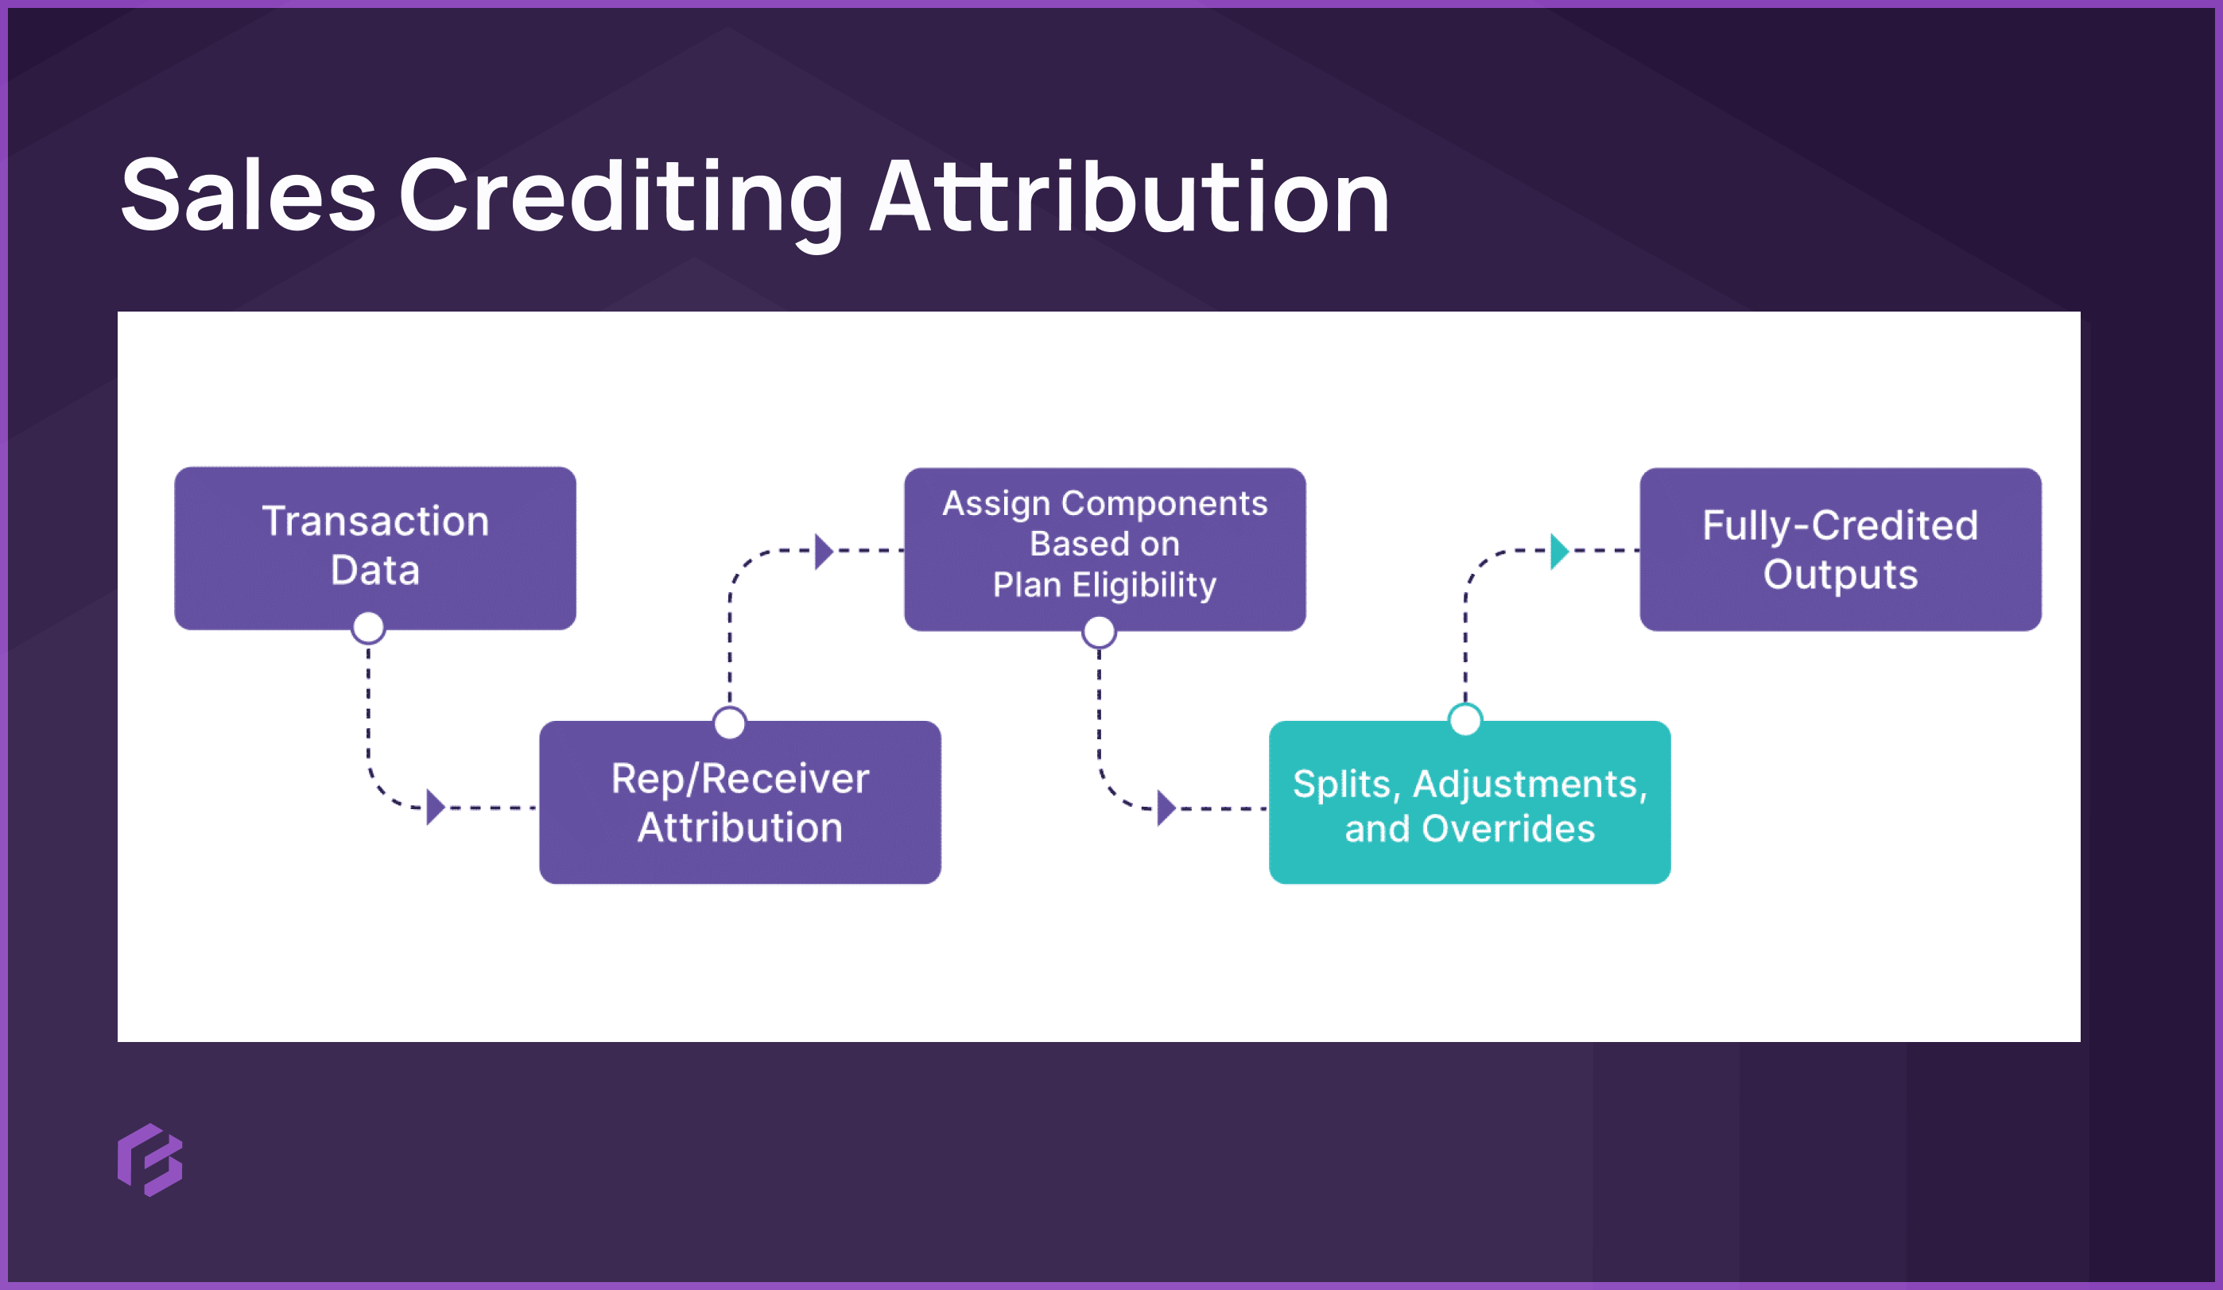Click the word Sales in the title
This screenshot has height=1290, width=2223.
coord(248,196)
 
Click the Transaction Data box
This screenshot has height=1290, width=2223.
coord(375,547)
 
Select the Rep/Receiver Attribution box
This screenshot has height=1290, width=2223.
coord(739,803)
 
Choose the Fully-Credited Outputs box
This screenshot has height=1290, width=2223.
coord(1839,548)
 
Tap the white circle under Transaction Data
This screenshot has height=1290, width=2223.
coord(368,628)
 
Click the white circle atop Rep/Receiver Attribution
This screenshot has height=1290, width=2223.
coord(730,723)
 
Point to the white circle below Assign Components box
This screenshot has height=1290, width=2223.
coord(1098,631)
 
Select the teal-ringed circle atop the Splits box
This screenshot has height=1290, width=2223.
coord(1465,719)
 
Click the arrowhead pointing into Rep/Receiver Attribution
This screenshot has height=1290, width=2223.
coord(435,807)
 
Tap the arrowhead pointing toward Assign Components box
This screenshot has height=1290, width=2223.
coord(823,551)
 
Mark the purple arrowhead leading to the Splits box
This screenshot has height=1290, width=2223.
coord(1166,808)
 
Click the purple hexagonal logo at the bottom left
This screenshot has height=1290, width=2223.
coord(150,1160)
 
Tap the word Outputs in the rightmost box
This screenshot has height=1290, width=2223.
coord(1839,574)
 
